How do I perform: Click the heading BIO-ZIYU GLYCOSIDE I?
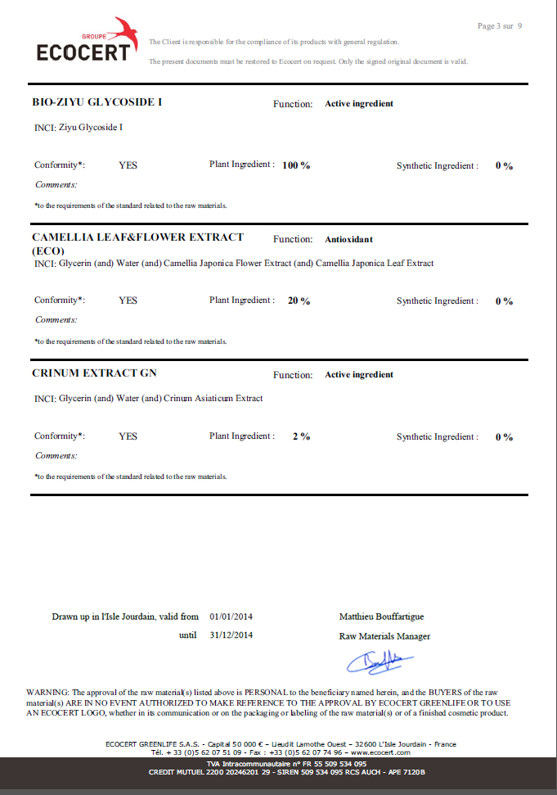97,102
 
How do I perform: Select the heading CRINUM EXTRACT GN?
94,373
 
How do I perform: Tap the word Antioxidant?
348,240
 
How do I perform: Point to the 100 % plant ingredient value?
296,165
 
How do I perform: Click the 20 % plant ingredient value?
299,300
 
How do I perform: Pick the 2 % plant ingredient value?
301,436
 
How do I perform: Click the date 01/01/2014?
231,617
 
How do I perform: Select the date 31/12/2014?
231,635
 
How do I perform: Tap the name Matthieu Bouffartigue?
381,617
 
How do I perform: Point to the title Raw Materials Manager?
384,636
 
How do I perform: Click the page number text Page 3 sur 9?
499,26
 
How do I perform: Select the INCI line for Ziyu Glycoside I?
79,128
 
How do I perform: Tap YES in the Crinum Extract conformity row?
128,436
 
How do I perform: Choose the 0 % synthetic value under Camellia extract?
504,301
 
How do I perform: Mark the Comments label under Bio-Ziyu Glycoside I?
56,184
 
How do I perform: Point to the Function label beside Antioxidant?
293,240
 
